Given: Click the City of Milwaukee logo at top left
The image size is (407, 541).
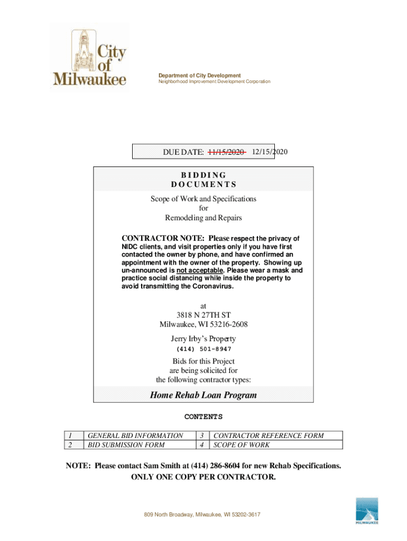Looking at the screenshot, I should tap(89, 58).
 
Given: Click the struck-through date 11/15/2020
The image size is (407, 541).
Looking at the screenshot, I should tap(226, 152).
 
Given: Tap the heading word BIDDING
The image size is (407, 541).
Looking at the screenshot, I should tap(203, 175).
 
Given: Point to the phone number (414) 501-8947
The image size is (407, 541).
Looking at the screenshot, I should tap(203, 349).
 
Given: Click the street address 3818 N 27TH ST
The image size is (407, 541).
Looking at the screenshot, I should tap(203, 315).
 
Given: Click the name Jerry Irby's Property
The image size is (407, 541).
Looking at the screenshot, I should tap(203, 339).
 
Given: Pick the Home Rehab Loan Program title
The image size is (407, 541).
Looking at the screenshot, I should tap(203, 395).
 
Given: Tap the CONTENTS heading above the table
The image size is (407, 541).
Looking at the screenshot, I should tap(203, 417).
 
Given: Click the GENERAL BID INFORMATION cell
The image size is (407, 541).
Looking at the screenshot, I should tap(135, 436).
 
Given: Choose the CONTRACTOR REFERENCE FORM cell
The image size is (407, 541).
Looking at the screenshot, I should tap(268, 436).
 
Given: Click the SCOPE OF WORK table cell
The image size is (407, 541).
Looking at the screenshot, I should tap(241, 445).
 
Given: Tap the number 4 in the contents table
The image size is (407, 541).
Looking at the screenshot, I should tap(202, 445).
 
